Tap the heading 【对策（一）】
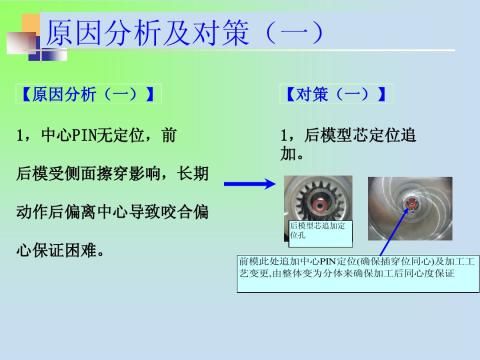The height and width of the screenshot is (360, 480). tap(335, 96)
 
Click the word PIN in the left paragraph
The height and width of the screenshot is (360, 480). tap(81, 134)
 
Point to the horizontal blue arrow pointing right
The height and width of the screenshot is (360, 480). tap(249, 185)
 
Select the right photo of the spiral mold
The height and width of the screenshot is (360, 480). tap(409, 209)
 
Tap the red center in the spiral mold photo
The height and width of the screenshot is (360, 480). tap(411, 206)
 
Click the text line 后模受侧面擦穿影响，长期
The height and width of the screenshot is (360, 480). tap(113, 172)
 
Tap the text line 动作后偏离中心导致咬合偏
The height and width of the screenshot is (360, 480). tap(113, 209)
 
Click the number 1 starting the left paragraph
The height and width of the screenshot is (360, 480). tap(22, 134)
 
